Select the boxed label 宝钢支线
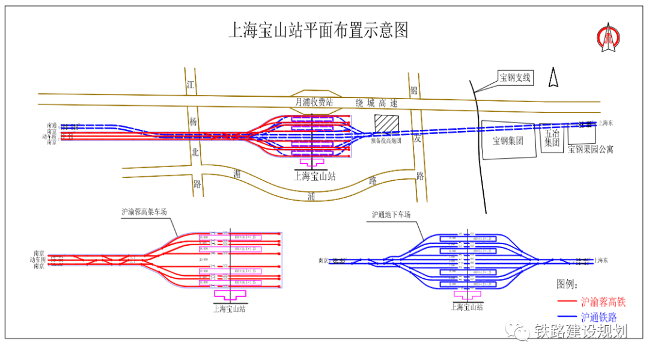(515, 78)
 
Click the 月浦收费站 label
(314, 102)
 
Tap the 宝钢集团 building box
(508, 141)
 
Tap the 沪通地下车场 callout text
(391, 215)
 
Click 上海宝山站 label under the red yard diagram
(230, 309)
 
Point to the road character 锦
(414, 91)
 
